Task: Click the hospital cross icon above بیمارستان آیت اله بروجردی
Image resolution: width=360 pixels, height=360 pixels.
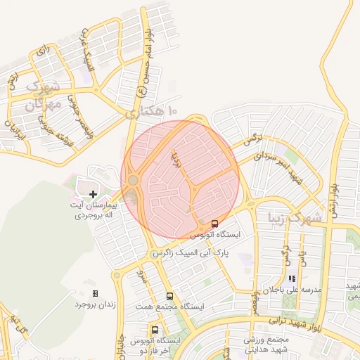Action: pyautogui.click(x=93, y=193)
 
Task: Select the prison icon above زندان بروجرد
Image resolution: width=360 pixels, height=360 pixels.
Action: pyautogui.click(x=96, y=293)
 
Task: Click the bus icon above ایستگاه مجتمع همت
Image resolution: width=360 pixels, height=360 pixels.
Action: pyautogui.click(x=169, y=296)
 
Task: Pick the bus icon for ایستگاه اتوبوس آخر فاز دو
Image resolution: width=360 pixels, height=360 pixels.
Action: pyautogui.click(x=155, y=330)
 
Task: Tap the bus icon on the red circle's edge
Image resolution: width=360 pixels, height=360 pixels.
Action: pyautogui.click(x=215, y=224)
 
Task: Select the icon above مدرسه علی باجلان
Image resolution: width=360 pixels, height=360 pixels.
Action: pyautogui.click(x=291, y=278)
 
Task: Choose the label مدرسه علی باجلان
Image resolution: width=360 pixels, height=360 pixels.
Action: pyautogui.click(x=292, y=290)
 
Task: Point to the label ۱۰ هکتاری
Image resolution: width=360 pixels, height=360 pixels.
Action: pyautogui.click(x=152, y=111)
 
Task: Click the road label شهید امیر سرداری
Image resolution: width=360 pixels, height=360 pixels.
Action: pyautogui.click(x=281, y=168)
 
